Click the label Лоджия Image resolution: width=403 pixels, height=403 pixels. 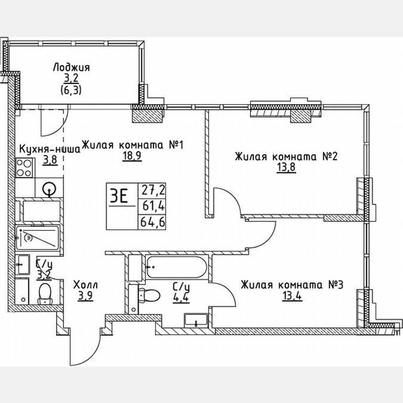(x=71, y=68)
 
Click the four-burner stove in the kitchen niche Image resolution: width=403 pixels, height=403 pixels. (x=24, y=167)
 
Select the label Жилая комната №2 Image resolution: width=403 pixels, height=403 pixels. (x=286, y=156)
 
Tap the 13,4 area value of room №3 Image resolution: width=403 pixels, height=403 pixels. (x=292, y=296)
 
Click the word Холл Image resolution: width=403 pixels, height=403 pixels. (x=86, y=285)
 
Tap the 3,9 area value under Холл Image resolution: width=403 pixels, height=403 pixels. (x=86, y=296)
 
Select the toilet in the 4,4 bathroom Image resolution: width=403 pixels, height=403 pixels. (x=149, y=294)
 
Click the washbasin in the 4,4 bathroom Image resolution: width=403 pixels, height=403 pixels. (x=196, y=320)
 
